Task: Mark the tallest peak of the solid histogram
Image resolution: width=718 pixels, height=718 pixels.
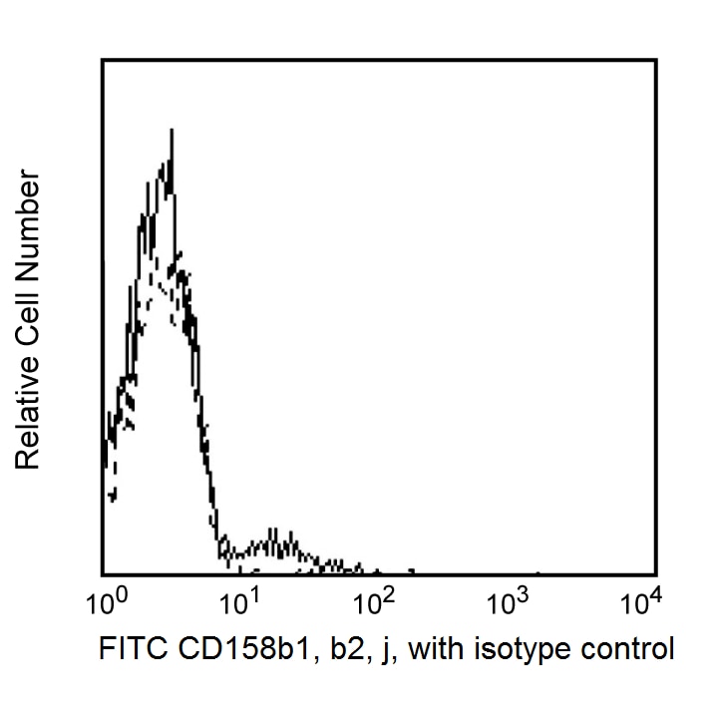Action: [x=172, y=131]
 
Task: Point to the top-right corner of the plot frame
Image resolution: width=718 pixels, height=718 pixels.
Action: [x=655, y=60]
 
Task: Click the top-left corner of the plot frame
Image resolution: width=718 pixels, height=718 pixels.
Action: [x=103, y=60]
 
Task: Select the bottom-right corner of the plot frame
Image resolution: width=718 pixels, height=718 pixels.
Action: [x=655, y=573]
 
